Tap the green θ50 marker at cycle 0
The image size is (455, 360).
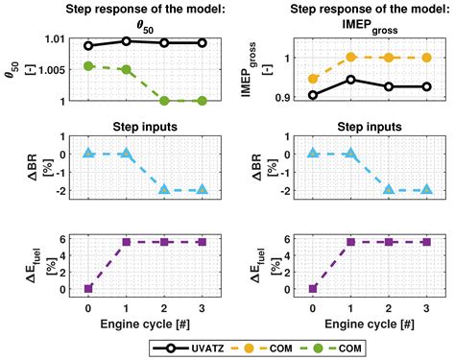(x=88, y=66)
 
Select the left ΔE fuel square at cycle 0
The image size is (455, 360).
(x=88, y=288)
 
